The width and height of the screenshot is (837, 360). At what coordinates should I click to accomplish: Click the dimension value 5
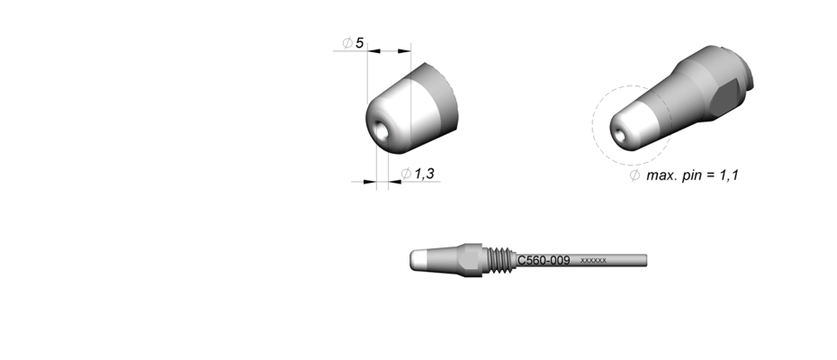[x=359, y=42]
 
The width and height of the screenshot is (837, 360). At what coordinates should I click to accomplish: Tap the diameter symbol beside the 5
[x=347, y=42]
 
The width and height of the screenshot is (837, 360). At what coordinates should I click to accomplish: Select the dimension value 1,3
[x=425, y=174]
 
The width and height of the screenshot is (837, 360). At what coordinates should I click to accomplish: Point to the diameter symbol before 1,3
[x=406, y=174]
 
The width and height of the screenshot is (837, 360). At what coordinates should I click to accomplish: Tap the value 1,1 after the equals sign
[x=729, y=175]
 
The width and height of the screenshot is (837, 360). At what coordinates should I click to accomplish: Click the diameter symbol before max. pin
[x=634, y=175]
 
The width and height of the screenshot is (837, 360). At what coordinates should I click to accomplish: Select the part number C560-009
[x=544, y=261]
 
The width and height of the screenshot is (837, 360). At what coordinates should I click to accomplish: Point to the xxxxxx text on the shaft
[x=593, y=261]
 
